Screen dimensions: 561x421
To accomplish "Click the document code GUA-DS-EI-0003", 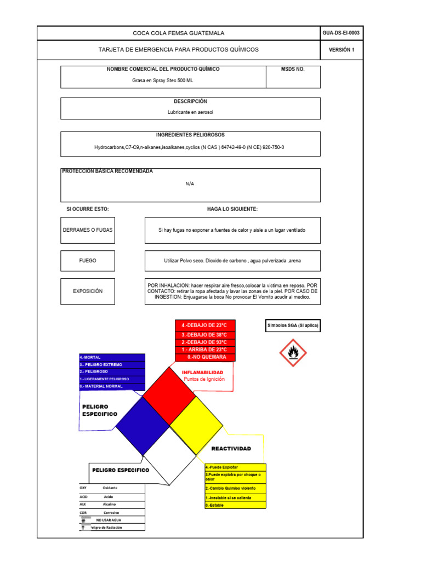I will click(x=342, y=33).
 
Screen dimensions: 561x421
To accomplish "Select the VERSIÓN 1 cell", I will click(x=342, y=50).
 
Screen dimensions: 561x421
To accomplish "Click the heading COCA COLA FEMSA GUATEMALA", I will click(x=178, y=33).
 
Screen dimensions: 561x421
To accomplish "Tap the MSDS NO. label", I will click(x=293, y=70).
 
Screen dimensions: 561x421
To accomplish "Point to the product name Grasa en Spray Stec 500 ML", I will click(x=163, y=80).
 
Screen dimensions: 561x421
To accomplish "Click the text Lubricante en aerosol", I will click(x=190, y=112).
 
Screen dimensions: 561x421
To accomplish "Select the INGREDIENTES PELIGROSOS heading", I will click(x=190, y=135).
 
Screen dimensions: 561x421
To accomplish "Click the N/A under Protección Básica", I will click(x=190, y=184).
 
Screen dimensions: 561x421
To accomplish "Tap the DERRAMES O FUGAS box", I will click(x=88, y=230).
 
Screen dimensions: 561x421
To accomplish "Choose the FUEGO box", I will click(x=88, y=261).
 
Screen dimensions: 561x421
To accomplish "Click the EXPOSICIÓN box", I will click(x=88, y=291).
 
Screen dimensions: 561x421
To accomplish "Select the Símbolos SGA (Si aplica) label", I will click(x=293, y=325).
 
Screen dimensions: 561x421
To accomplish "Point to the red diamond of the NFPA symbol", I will click(x=169, y=396).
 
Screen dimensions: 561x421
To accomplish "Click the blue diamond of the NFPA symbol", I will click(x=143, y=425).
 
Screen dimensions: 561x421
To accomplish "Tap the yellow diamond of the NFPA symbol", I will click(x=196, y=423).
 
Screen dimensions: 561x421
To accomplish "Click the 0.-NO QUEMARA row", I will click(x=205, y=357).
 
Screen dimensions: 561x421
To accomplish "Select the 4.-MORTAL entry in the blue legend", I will click(x=112, y=357).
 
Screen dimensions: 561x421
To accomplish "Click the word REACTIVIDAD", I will click(x=231, y=449).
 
